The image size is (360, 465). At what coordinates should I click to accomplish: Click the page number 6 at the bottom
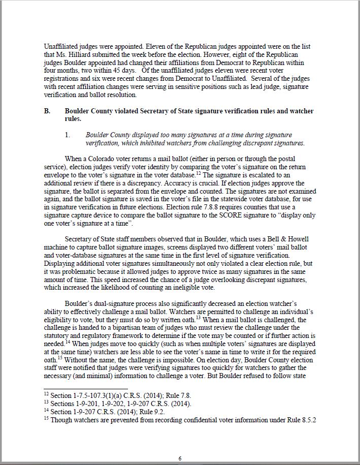180,458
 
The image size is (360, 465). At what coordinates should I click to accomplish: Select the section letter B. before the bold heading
48,111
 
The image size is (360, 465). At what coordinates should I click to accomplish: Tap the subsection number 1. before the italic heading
67,135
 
